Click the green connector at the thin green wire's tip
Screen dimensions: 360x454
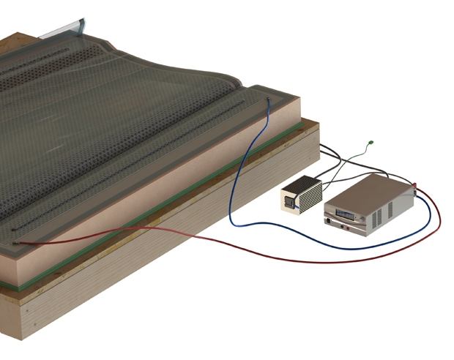(x=372, y=142)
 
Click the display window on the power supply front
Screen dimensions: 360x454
(x=343, y=214)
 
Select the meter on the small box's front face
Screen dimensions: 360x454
(x=289, y=204)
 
